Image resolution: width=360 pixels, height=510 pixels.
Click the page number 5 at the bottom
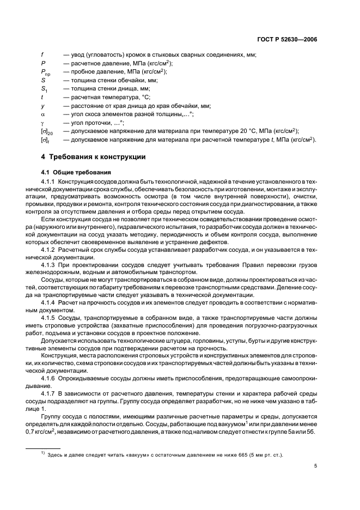(315, 465)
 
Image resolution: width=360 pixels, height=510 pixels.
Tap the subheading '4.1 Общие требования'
(74, 172)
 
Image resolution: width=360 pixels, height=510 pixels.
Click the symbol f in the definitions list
(42, 54)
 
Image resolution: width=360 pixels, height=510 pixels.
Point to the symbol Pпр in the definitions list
(46, 71)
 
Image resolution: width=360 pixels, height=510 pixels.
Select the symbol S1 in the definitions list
(44, 89)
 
